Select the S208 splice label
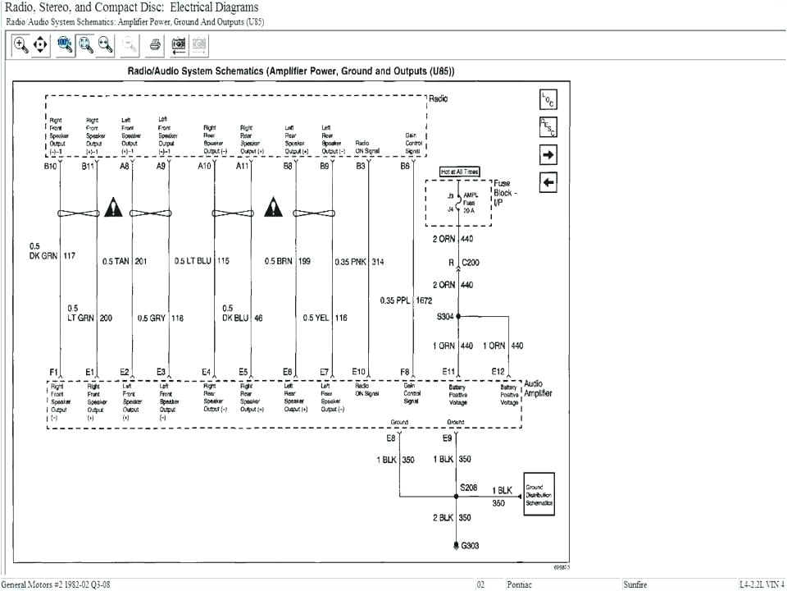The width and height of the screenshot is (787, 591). coord(468,487)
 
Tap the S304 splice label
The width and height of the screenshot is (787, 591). coord(446,316)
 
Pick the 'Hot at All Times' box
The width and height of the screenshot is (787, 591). coord(460,172)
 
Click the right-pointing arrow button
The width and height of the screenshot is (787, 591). coord(548,154)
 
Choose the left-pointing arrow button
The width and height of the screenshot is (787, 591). coord(548,182)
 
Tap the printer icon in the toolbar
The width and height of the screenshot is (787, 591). coord(154,45)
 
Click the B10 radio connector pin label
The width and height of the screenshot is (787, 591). coord(51,166)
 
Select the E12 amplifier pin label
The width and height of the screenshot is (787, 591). coord(498,372)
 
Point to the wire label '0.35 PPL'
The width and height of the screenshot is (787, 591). coord(395,300)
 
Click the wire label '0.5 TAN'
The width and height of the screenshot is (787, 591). coord(116,262)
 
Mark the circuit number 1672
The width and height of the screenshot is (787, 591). coord(425,300)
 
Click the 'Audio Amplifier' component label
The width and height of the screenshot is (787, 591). coord(538,388)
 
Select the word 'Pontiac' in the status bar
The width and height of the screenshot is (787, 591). coord(520,584)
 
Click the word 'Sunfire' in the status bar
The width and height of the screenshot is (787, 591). coord(635,584)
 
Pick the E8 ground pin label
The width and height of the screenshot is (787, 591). coord(391,438)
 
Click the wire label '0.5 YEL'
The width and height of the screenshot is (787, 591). coord(316,318)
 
